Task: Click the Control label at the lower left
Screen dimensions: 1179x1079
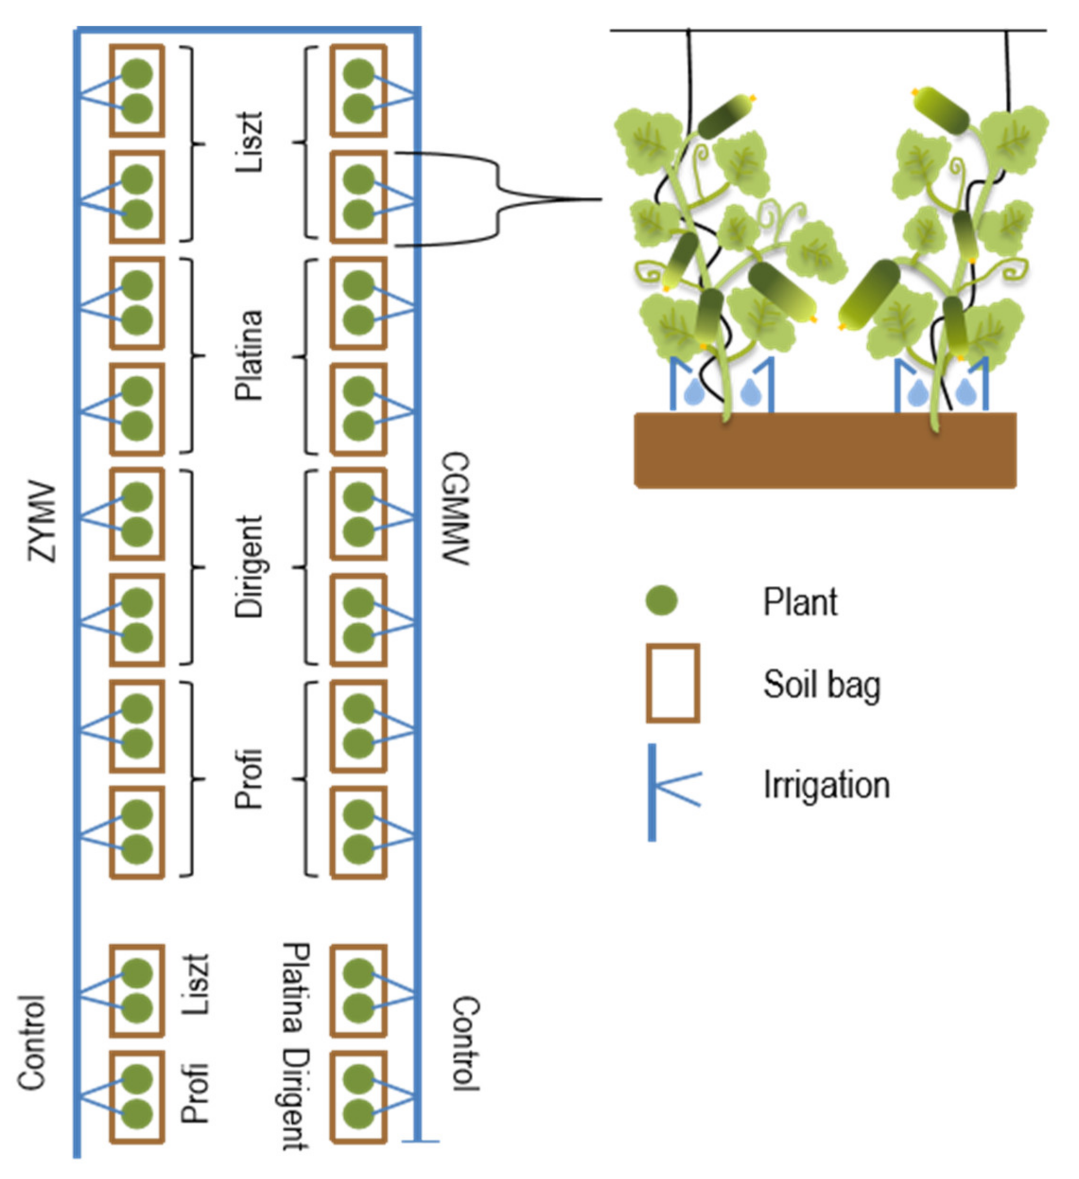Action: coord(32,1042)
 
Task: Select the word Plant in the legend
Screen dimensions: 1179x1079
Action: coord(800,602)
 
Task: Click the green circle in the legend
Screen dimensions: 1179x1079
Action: coord(661,600)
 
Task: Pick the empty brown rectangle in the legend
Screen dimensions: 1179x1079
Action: coord(672,683)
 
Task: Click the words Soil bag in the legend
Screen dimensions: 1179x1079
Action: coord(821,684)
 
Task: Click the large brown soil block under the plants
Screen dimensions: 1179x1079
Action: coord(825,450)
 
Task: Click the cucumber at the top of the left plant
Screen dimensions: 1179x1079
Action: coord(725,116)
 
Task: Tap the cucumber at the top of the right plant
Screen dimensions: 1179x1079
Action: coord(941,110)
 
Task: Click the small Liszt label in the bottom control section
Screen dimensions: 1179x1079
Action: coord(195,984)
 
